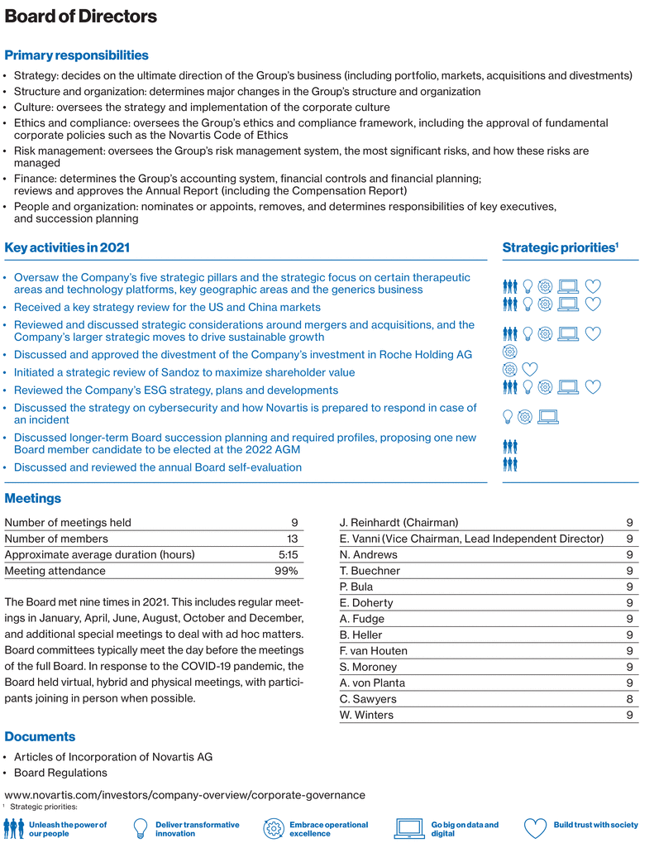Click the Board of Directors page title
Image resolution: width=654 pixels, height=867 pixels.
click(80, 17)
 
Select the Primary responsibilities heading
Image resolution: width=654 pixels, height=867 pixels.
click(76, 55)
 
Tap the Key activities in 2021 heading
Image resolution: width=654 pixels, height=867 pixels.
click(67, 247)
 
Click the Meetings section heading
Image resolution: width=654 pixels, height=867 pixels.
click(33, 498)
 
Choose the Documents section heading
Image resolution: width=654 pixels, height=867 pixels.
click(40, 736)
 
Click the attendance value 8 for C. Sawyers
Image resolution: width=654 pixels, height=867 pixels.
click(630, 699)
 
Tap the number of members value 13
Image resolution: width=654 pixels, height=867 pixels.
click(292, 539)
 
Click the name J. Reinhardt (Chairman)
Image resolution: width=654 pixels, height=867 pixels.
click(399, 523)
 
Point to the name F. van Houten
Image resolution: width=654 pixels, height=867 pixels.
click(374, 651)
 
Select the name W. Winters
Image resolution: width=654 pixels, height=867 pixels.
click(367, 715)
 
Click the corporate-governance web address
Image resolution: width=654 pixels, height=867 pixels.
click(184, 795)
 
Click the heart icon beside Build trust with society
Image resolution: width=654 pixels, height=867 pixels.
click(536, 828)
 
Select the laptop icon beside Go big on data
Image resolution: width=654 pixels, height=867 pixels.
click(410, 828)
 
